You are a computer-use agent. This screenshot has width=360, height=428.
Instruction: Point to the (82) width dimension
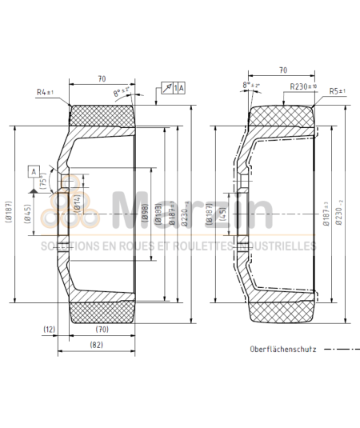click(95, 345)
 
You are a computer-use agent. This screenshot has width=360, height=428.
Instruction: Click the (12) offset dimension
click(50, 329)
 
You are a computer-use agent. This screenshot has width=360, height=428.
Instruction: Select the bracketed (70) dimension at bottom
click(102, 329)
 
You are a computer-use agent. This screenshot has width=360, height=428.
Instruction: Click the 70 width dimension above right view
click(284, 70)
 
